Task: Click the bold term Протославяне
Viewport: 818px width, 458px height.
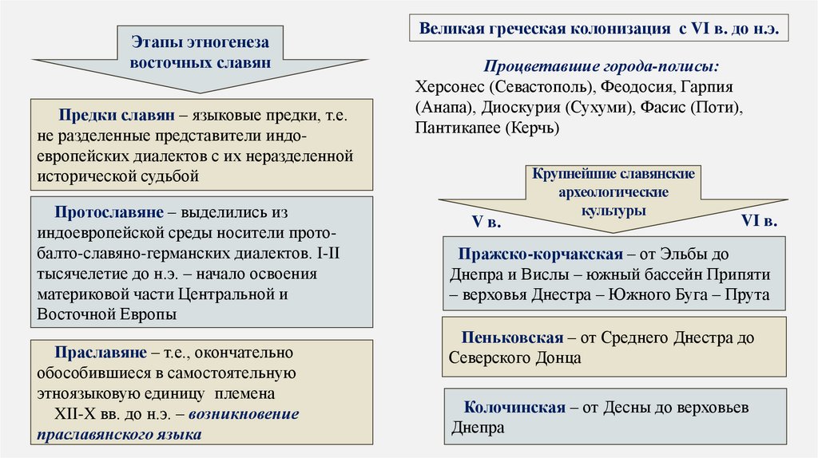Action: pyautogui.click(x=106, y=214)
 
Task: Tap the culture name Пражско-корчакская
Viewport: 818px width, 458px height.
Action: pyautogui.click(x=540, y=254)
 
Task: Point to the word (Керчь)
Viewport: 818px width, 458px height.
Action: pyautogui.click(x=531, y=128)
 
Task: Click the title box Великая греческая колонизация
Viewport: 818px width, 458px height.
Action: pyautogui.click(x=599, y=30)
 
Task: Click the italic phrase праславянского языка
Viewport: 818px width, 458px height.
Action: pyautogui.click(x=118, y=435)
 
